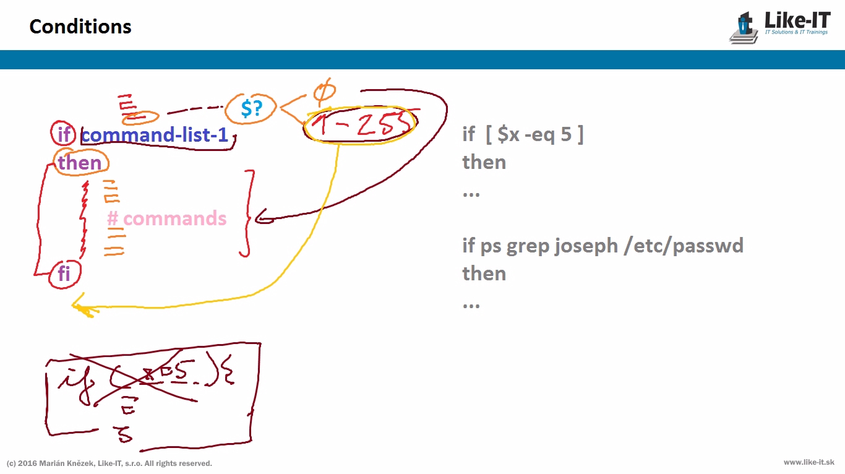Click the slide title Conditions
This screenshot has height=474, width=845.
pos(80,27)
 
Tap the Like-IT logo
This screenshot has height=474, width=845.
pos(781,27)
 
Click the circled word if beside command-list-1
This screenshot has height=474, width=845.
pos(64,134)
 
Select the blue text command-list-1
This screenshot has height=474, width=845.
pos(155,134)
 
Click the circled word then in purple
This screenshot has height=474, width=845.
pos(80,163)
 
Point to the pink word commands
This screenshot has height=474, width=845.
pos(174,218)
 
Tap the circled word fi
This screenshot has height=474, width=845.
pos(64,273)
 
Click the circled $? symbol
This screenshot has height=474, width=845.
pos(252,108)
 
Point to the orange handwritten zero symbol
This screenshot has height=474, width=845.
pos(324,92)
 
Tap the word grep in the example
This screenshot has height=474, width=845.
pos(528,246)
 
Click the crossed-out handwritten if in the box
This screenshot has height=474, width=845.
pos(72,377)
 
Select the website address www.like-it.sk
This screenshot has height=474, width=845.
pos(809,462)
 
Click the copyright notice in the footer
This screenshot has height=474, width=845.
pos(109,463)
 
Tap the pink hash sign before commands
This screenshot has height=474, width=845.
pos(113,218)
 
